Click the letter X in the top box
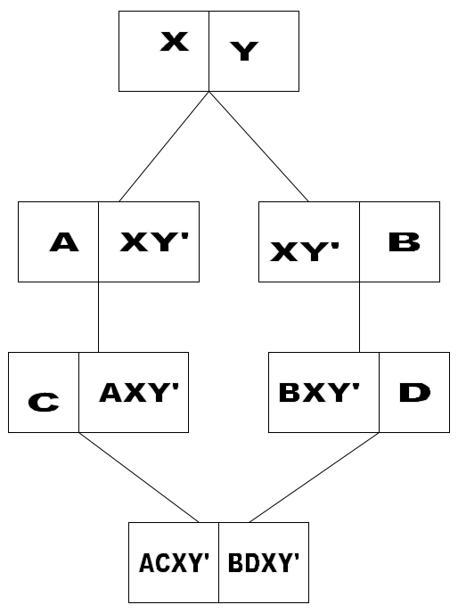[x=175, y=42]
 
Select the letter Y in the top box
[x=244, y=51]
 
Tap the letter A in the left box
[x=64, y=242]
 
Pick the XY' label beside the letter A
[x=154, y=242]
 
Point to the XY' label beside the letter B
[x=304, y=251]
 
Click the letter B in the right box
[x=405, y=242]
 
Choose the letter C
[x=44, y=402]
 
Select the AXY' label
[x=139, y=393]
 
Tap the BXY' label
[x=319, y=393]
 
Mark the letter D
[x=414, y=393]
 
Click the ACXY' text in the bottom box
[x=174, y=563]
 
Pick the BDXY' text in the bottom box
[x=264, y=563]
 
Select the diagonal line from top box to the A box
[x=164, y=147]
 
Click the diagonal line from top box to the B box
[x=258, y=147]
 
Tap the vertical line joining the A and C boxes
[x=98, y=317]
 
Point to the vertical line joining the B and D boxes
[x=359, y=317]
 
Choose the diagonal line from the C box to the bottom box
[x=139, y=478]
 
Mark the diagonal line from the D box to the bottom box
[x=315, y=478]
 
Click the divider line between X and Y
[x=209, y=51]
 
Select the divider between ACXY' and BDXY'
[x=218, y=562]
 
